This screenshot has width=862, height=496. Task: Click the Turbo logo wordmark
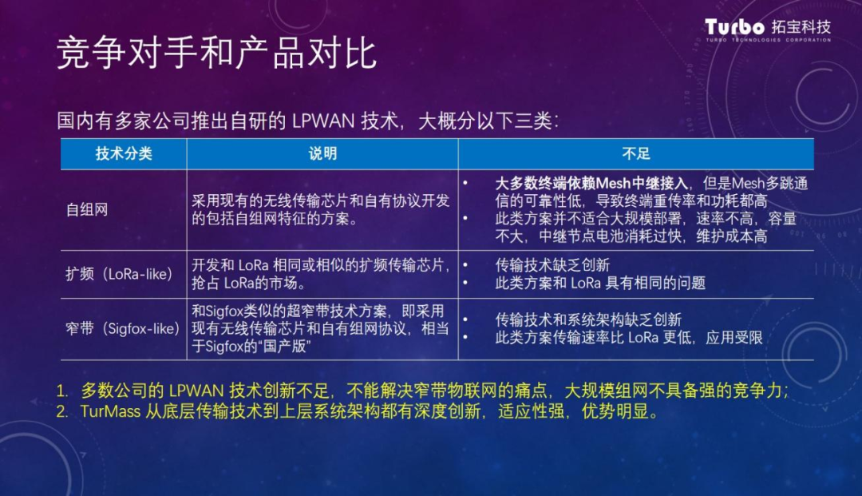tap(734, 27)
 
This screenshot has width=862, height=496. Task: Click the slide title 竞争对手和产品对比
tap(216, 54)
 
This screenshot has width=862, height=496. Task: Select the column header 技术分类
tap(124, 153)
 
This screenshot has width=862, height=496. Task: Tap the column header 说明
tap(322, 153)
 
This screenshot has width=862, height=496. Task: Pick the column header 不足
tap(636, 153)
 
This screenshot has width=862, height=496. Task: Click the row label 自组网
tap(87, 209)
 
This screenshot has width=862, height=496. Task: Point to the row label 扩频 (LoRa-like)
tap(119, 274)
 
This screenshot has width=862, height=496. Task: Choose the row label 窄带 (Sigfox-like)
tap(123, 329)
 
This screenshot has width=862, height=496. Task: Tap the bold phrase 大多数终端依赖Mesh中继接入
tap(591, 183)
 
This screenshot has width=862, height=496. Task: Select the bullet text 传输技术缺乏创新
tap(552, 265)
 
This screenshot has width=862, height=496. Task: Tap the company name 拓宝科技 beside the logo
tap(801, 26)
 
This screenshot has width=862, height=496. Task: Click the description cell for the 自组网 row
tap(321, 209)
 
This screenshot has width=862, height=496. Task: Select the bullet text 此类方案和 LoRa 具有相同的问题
tap(600, 284)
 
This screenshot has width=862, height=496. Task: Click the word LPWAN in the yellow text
tap(196, 391)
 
